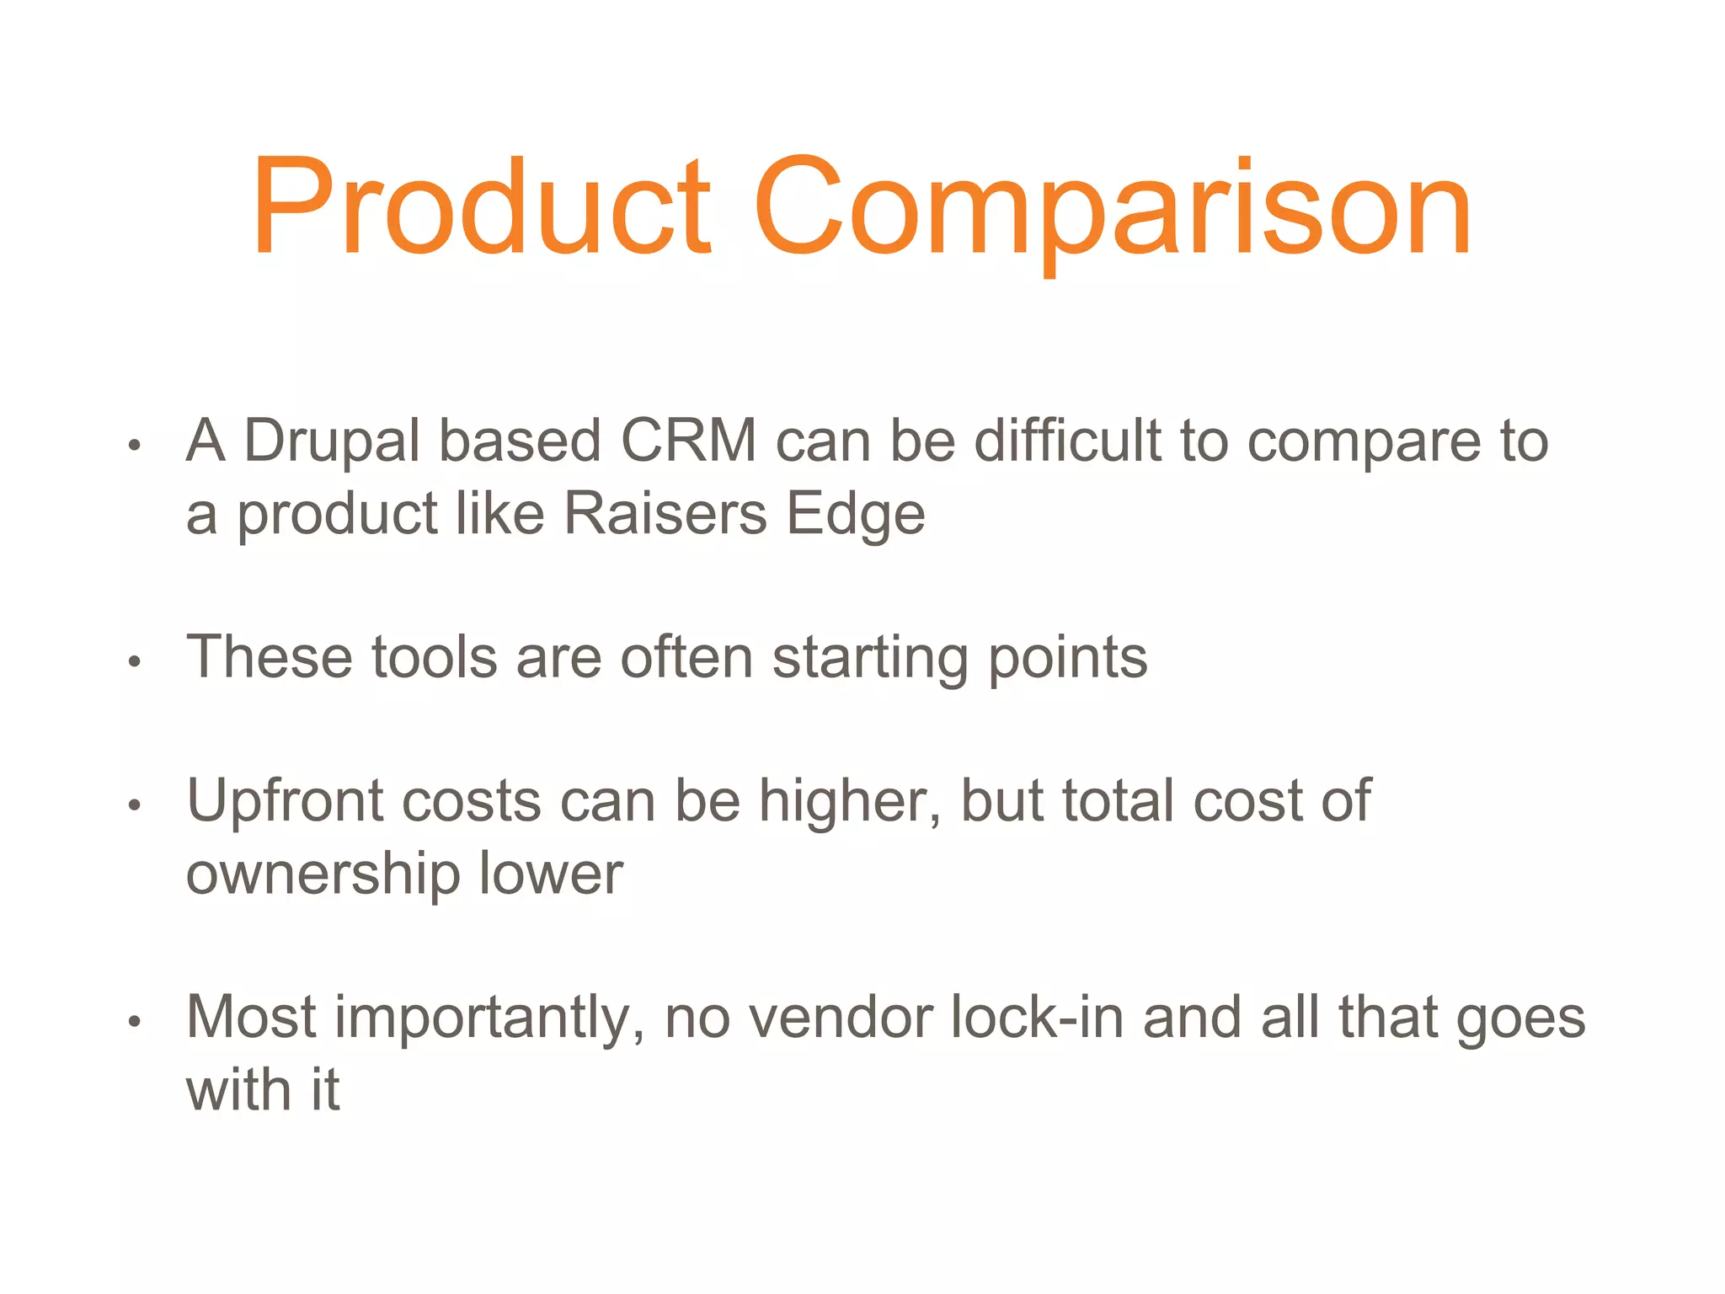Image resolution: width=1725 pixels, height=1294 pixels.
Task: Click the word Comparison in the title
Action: [x=1112, y=206]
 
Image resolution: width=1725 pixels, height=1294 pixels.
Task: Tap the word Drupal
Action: [x=332, y=441]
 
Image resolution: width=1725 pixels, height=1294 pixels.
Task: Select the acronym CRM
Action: [x=688, y=441]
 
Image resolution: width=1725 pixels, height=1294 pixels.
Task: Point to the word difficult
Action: [x=1067, y=441]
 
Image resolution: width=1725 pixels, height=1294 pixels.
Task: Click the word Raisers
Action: [x=665, y=514]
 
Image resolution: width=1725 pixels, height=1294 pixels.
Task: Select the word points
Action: [x=1067, y=658]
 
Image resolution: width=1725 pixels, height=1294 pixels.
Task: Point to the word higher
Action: [x=850, y=801]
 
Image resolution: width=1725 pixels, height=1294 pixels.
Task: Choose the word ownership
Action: [x=323, y=874]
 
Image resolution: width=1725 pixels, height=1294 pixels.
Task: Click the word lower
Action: [x=551, y=874]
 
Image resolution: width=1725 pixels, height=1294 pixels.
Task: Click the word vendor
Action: [x=841, y=1019]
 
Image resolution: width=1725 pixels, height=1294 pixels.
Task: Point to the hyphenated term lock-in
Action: [x=1037, y=1019]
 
